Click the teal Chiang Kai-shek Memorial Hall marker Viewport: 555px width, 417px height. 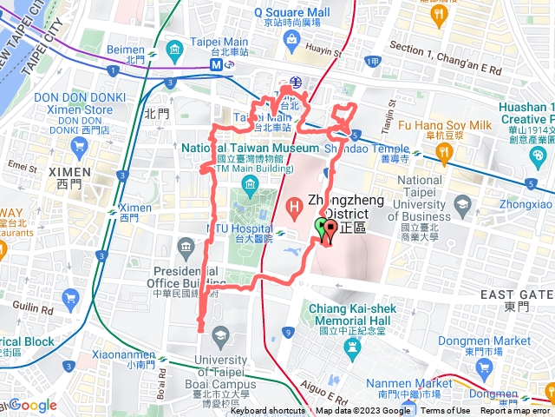(351, 347)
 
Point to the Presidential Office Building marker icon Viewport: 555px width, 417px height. (185, 250)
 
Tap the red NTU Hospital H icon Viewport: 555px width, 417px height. (294, 207)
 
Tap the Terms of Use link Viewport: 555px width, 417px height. (445, 411)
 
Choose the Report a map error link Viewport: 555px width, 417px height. (517, 411)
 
